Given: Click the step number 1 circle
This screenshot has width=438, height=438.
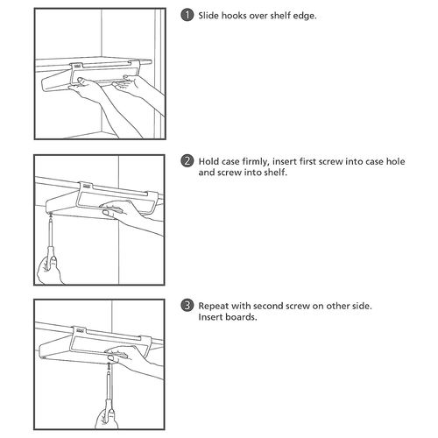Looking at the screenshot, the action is (187, 15).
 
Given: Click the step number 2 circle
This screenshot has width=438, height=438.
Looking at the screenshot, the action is (187, 161).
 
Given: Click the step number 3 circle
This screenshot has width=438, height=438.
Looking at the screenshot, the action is (187, 306).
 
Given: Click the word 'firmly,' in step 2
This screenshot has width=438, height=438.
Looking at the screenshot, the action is (254, 162).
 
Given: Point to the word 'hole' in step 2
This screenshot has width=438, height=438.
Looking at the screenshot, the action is (395, 161).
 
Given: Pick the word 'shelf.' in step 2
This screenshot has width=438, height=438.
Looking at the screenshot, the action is (276, 173).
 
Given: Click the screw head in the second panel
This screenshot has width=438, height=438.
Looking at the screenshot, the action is (51, 215).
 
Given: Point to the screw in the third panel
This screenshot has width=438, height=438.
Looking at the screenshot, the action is (109, 365).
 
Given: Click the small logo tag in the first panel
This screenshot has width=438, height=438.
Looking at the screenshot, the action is (77, 66).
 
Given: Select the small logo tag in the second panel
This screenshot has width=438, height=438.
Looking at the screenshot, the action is (86, 186).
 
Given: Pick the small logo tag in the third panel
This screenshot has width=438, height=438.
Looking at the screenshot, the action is (81, 330).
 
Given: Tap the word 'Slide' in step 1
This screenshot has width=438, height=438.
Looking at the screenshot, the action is (208, 16).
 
